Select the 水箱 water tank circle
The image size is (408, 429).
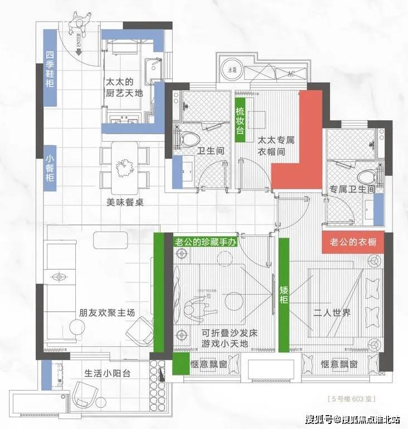[231, 71]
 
